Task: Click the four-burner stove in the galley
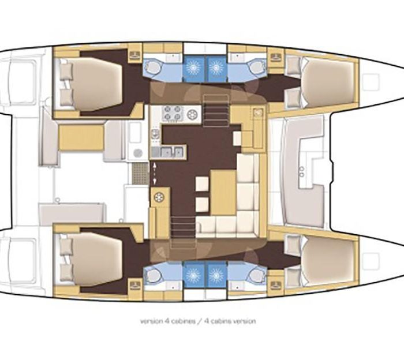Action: pyautogui.click(x=173, y=113)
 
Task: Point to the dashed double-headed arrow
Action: pyautogui.click(x=155, y=173)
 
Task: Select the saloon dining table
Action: pyautogui.click(x=223, y=192)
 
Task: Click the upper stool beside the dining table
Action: pyautogui.click(x=202, y=184)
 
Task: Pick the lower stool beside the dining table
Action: pyautogui.click(x=202, y=204)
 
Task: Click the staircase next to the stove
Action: pyautogui.click(x=216, y=110)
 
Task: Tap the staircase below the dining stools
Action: pyautogui.click(x=182, y=232)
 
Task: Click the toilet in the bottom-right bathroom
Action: pyautogui.click(x=255, y=276)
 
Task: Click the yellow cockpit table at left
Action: pyautogui.click(x=81, y=137)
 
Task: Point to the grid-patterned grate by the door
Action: pyautogui.click(x=140, y=173)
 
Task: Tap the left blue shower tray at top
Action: pyautogui.click(x=193, y=67)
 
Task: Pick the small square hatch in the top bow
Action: pyautogui.click(x=371, y=82)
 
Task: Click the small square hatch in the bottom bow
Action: pyautogui.click(x=371, y=261)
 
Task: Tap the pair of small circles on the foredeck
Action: pyautogui.click(x=302, y=172)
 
